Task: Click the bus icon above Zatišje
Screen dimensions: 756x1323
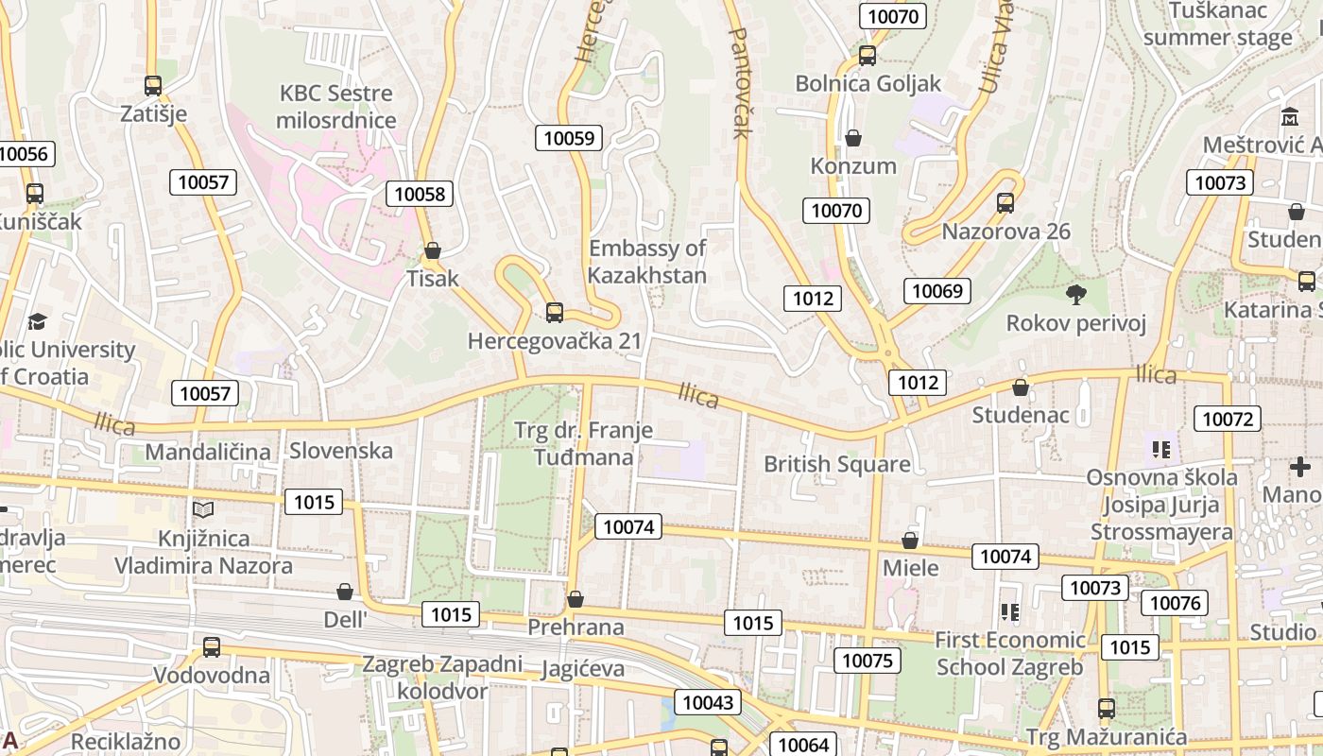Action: [x=153, y=86]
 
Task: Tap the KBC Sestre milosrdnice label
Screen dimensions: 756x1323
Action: [x=336, y=107]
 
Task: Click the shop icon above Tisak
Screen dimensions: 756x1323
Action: [x=433, y=250]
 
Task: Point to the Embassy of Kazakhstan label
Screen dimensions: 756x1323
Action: [x=647, y=262]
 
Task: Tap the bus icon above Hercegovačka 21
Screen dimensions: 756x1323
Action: [x=555, y=312]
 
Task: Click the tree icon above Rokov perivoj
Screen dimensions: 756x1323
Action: [x=1075, y=295]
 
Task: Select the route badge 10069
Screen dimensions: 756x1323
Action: [x=936, y=291]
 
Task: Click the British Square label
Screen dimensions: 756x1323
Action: [x=837, y=464]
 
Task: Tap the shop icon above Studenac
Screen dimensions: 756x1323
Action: [x=1021, y=387]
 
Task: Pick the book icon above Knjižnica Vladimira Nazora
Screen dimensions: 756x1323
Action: [x=203, y=510]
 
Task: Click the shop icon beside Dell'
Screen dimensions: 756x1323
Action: [x=345, y=592]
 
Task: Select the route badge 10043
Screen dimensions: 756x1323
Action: [x=707, y=702]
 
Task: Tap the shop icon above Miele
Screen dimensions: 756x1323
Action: [x=910, y=541]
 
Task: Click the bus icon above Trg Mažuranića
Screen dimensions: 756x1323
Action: [x=1106, y=708]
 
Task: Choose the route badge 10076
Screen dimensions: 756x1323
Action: [x=1175, y=603]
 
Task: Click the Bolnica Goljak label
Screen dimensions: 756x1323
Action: [x=868, y=83]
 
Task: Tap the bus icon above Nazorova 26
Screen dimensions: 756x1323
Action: [x=1005, y=203]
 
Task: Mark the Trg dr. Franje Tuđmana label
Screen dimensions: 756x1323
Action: [x=583, y=444]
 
